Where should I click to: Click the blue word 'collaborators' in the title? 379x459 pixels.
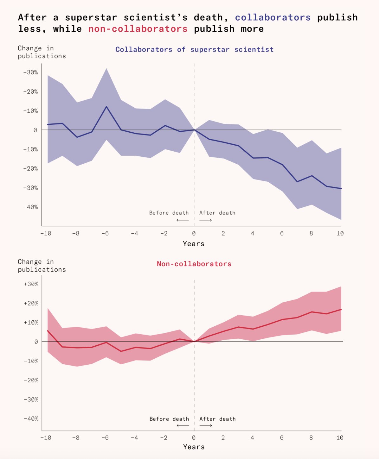coord(273,17)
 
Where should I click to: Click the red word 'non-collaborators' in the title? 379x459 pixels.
coord(138,29)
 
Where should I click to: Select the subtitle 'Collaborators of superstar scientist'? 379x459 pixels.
coord(194,49)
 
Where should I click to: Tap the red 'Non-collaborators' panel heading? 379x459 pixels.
coord(194,264)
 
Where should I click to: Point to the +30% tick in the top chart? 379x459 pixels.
coord(30,72)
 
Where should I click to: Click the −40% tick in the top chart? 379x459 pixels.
coord(30,207)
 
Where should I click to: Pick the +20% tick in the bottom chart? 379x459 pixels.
coord(31,303)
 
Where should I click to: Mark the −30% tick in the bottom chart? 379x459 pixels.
coord(31,399)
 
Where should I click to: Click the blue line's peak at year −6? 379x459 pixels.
coord(106,107)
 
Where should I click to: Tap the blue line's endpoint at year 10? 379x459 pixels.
coord(341,188)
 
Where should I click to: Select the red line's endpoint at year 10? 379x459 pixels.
coord(341,309)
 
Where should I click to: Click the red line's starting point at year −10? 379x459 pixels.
coord(48,331)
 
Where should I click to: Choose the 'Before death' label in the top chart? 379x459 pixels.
coord(169,213)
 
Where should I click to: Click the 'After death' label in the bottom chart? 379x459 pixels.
coord(217,419)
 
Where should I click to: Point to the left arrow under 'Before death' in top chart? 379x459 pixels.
coord(183,220)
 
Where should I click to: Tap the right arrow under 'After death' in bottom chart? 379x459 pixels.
coord(206,425)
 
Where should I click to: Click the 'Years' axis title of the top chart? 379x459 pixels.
coord(194,244)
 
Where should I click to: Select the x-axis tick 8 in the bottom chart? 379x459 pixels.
coord(311,438)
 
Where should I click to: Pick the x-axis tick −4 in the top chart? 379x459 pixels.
coord(134,234)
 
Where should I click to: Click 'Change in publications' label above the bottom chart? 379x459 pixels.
coord(42,266)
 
